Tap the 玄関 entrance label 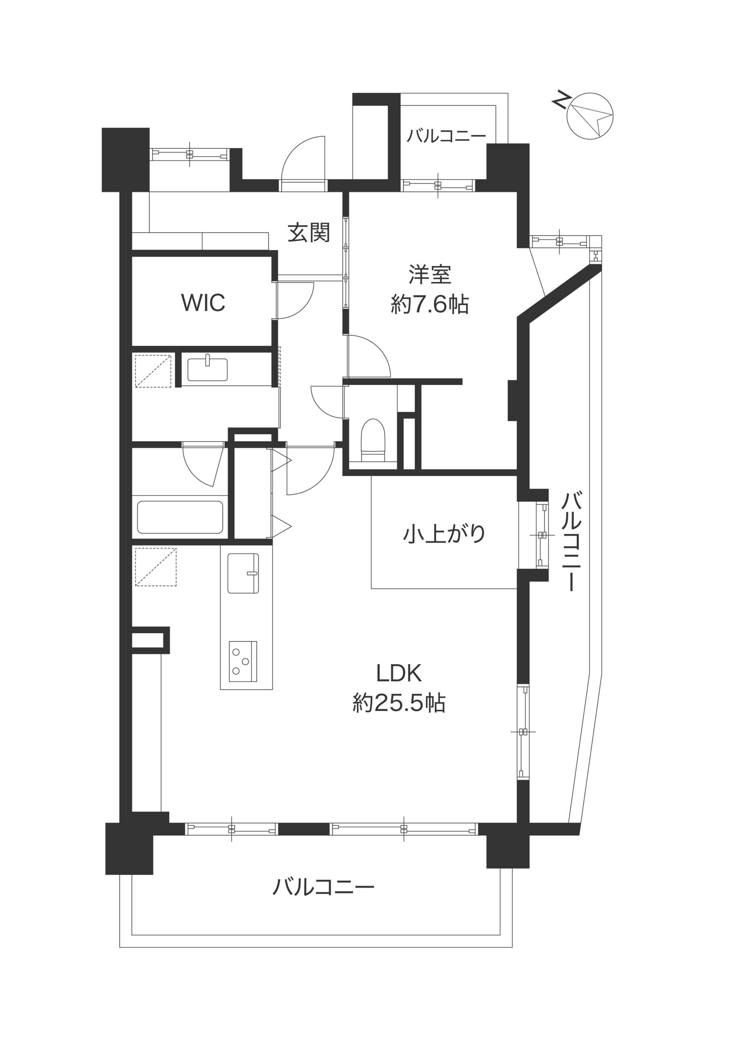pyautogui.click(x=309, y=233)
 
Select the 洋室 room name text pyautogui.click(x=430, y=275)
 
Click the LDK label pyautogui.click(x=399, y=673)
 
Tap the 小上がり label pyautogui.click(x=444, y=533)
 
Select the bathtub pyautogui.click(x=180, y=517)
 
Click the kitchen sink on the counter pyautogui.click(x=243, y=573)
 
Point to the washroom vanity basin pyautogui.click(x=207, y=369)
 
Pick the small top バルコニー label pyautogui.click(x=446, y=135)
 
